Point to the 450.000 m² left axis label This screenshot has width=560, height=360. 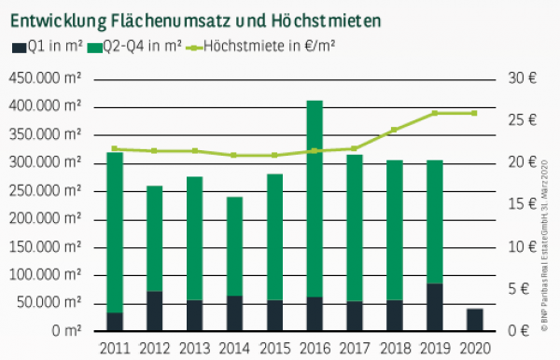pyautogui.click(x=47, y=78)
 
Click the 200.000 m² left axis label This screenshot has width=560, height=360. pyautogui.click(x=47, y=218)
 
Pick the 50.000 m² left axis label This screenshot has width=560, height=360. pyautogui.click(x=50, y=303)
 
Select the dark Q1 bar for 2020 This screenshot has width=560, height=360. pyautogui.click(x=474, y=320)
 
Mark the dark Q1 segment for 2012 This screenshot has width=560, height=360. pyautogui.click(x=155, y=311)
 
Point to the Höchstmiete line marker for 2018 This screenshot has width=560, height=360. pyautogui.click(x=394, y=130)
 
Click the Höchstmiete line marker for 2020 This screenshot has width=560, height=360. pyautogui.click(x=474, y=113)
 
